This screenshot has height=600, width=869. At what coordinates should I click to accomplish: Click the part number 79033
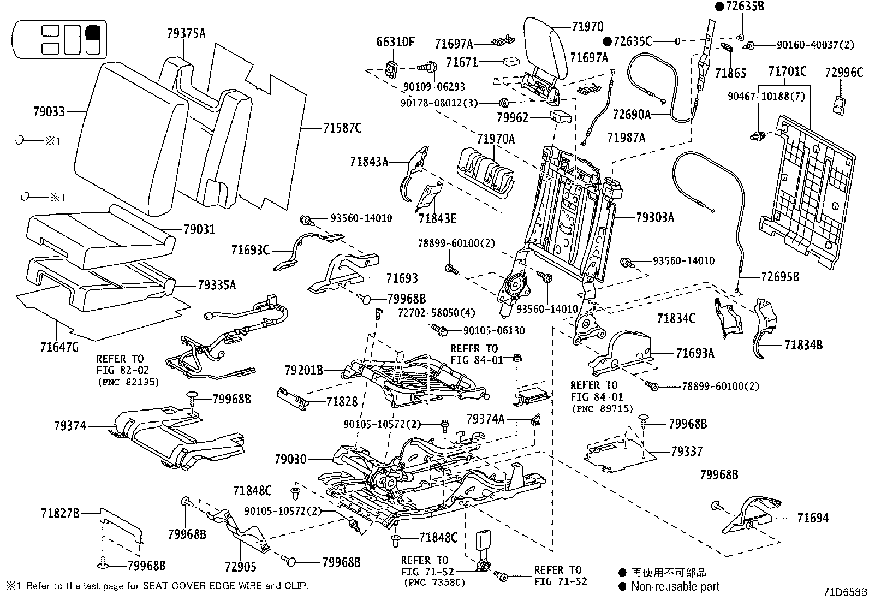pos(49,112)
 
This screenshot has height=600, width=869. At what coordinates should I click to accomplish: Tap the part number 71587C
pos(342,128)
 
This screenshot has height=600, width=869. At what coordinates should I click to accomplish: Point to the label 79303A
pos(654,218)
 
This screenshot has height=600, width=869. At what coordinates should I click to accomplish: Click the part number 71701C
pos(787,72)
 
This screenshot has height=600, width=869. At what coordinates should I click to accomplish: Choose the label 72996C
pos(844,72)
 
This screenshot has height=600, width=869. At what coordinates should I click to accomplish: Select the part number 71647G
pos(59,346)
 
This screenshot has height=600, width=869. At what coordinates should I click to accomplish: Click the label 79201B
pos(304,371)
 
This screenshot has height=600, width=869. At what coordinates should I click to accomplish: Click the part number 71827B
pos(60,513)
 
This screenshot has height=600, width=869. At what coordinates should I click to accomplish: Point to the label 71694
pos(812,518)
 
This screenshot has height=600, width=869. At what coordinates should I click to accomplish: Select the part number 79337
pos(687,452)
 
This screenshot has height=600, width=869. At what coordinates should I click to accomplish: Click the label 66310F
pos(396,42)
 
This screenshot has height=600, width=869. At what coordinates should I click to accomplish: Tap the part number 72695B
pos(779,277)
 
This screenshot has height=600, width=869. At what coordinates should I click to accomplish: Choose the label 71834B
pos(803,345)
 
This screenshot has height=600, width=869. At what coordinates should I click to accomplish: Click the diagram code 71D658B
pos(846,592)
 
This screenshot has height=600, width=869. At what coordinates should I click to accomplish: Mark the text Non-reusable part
pos(675,587)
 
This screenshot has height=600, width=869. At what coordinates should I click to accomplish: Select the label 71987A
pos(626,138)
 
